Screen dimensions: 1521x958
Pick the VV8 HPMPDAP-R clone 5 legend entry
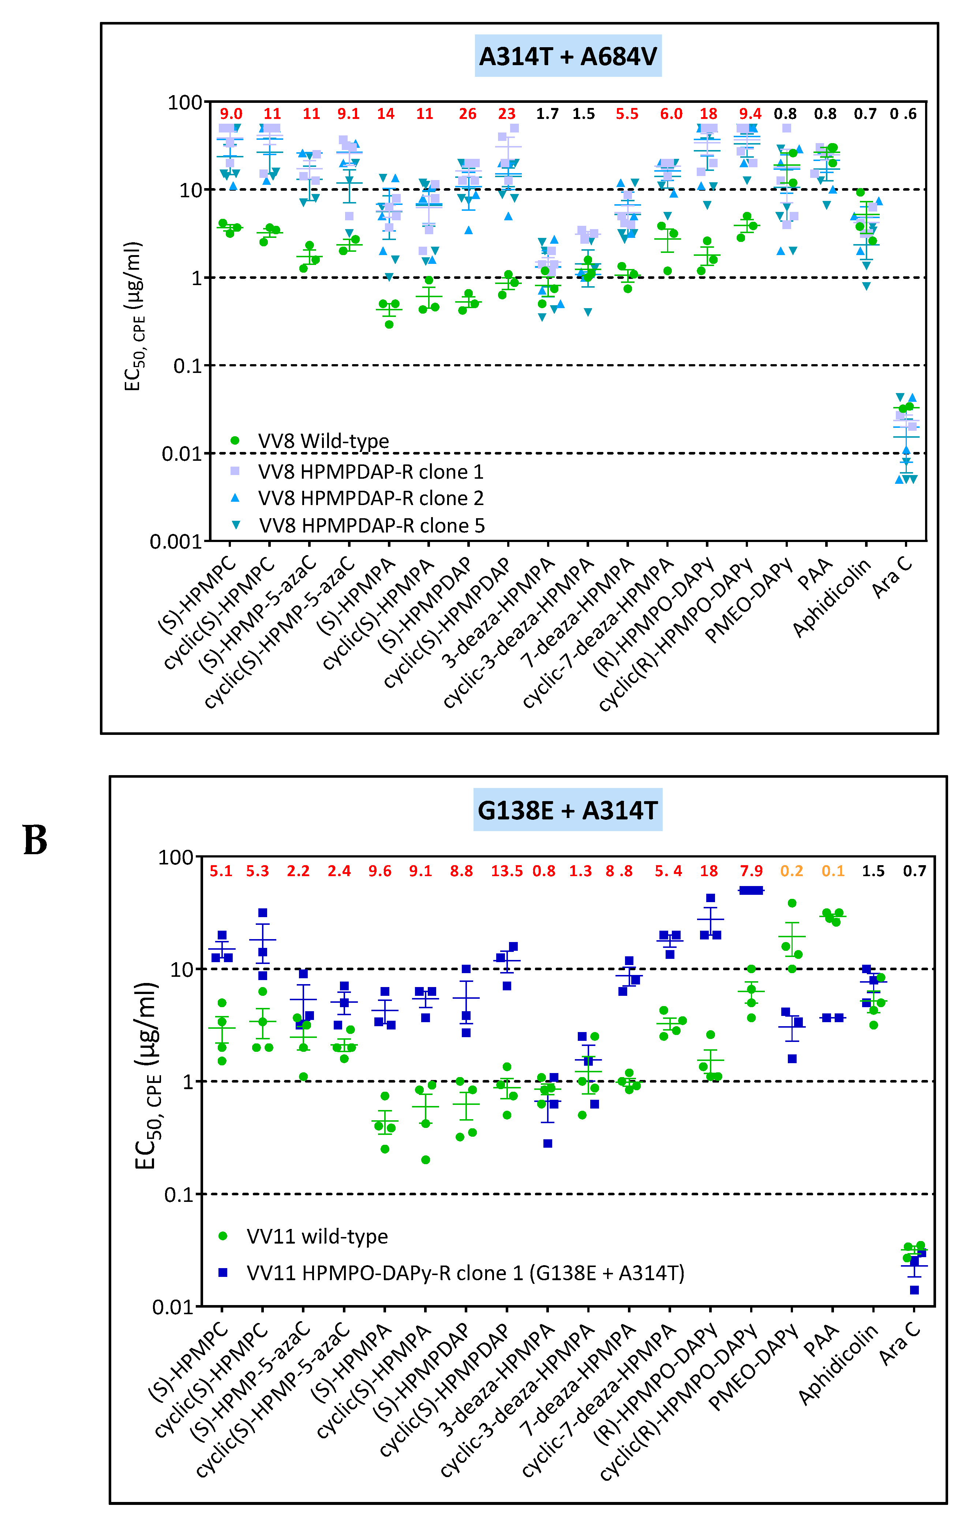[371, 526]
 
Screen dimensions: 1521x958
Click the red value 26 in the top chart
[467, 114]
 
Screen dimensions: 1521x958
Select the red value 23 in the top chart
[506, 114]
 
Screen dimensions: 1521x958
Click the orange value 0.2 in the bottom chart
[791, 871]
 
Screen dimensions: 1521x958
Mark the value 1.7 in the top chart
[547, 114]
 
